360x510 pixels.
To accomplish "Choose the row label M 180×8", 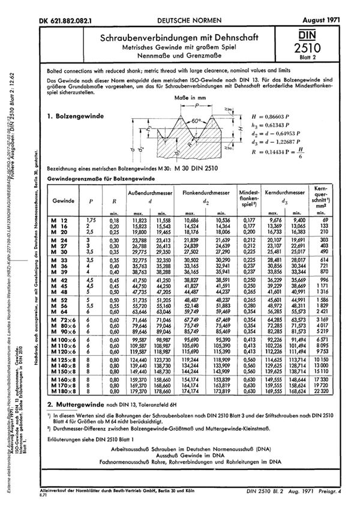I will point(63,409).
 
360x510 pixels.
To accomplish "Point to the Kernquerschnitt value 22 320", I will point(337,409).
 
